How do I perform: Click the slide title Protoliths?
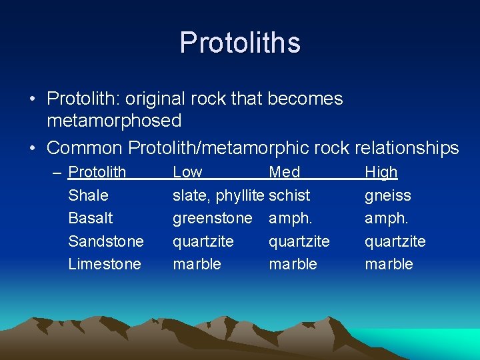(240, 43)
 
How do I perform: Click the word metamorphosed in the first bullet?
(114, 121)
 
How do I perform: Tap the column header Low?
(187, 172)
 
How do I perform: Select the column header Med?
(284, 172)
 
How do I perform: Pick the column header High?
(381, 172)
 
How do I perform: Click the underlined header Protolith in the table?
(97, 172)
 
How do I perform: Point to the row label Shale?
(88, 195)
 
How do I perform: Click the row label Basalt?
(91, 218)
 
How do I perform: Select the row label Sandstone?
(106, 241)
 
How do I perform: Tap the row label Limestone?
(105, 263)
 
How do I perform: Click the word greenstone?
(213, 218)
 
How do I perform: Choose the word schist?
(289, 195)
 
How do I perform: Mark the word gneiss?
(387, 195)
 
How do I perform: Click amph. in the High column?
(385, 218)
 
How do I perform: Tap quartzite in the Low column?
(203, 241)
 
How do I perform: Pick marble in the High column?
(389, 263)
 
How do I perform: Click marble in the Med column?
(293, 263)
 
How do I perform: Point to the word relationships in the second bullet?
(407, 147)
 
